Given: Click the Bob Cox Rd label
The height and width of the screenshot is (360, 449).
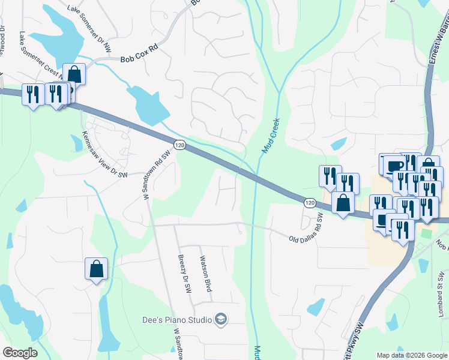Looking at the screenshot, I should (x=140, y=59).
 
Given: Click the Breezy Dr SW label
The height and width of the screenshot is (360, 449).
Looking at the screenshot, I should (x=184, y=274).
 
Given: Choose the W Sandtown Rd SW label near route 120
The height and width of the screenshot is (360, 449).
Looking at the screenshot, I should (x=152, y=175).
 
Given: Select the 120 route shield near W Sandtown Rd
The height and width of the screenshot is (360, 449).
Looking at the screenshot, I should (x=179, y=145).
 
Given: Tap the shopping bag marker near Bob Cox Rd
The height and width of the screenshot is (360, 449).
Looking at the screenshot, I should (x=74, y=74).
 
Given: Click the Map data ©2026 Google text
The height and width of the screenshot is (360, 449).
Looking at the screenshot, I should (x=411, y=355).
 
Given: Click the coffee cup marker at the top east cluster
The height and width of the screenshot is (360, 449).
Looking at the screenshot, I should (x=395, y=166).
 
